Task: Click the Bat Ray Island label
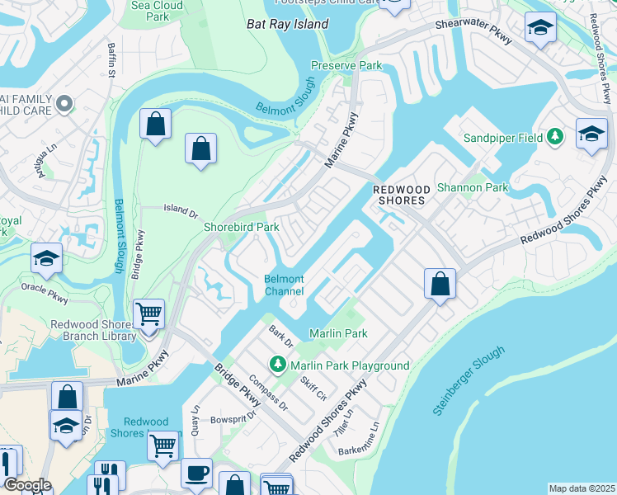pos(288,24)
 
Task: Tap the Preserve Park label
pos(346,65)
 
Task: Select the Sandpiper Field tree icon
pos(556,137)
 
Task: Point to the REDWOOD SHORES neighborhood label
pos(402,195)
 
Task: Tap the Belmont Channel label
pos(285,285)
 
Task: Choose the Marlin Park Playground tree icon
pos(279,364)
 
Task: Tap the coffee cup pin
pos(196,473)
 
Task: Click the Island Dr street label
pos(181,213)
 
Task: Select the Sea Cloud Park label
pos(157,11)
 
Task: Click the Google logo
pos(27,485)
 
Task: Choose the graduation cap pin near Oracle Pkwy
pos(47,257)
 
